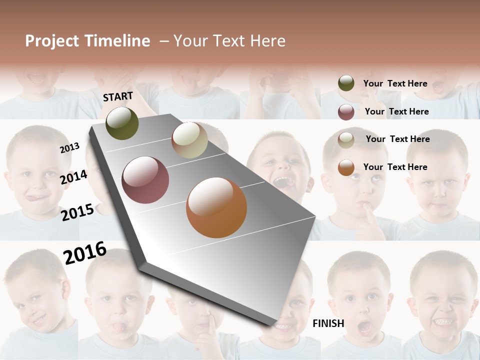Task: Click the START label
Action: pos(118,96)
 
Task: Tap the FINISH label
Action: pos(328,323)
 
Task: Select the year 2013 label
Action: pos(69,148)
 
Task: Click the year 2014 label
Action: pos(73,177)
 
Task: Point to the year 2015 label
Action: pos(77,212)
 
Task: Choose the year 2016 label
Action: pos(85,252)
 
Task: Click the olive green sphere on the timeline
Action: pos(122,123)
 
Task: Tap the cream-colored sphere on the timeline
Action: pos(189,140)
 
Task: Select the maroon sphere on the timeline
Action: pos(145,180)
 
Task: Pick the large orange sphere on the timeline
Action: pos(216,207)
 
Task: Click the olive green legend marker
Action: pos(346,83)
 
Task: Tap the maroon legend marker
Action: pos(346,112)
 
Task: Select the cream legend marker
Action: pos(346,140)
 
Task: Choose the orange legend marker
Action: pos(346,167)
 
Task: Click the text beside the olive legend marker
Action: pos(395,83)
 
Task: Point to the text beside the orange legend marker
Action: pos(395,167)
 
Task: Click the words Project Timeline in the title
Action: pos(87,41)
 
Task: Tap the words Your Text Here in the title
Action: pos(229,41)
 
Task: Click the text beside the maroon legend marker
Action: pos(396,111)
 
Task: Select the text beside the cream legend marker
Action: pos(397,139)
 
